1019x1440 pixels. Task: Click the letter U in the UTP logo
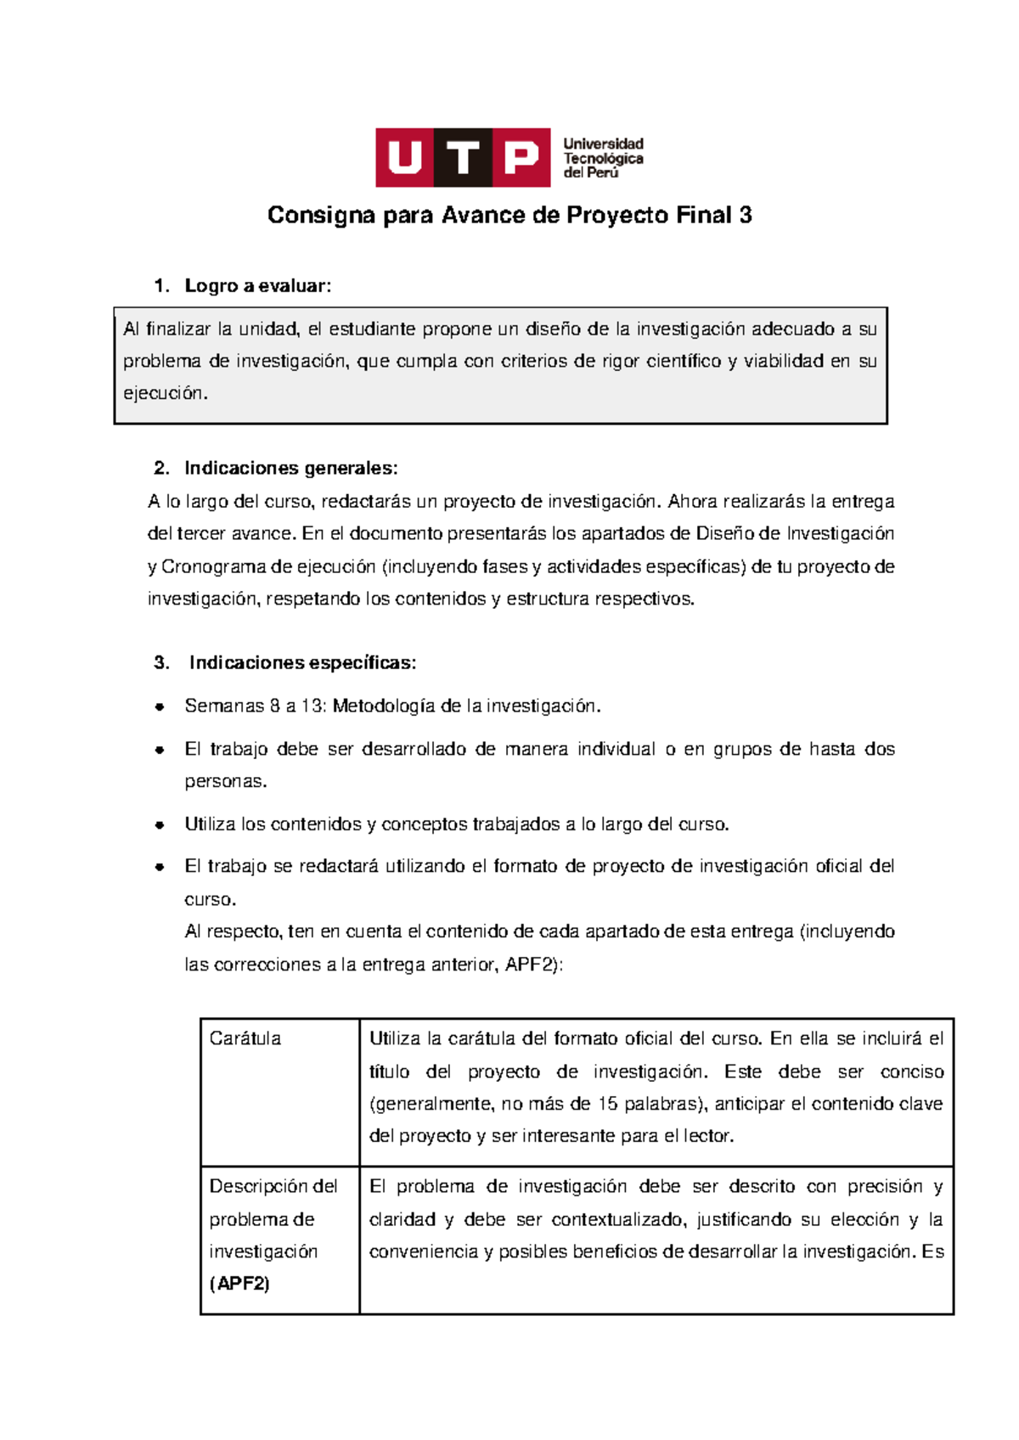click(x=405, y=158)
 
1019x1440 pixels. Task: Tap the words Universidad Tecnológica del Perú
click(x=603, y=158)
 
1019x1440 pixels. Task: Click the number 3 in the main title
click(x=745, y=216)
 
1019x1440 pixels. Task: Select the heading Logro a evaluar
click(x=257, y=286)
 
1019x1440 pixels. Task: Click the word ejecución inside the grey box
click(x=164, y=393)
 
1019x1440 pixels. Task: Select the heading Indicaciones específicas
click(x=302, y=663)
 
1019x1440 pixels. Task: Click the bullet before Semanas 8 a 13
click(x=159, y=706)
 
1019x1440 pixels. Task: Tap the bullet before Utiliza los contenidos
click(x=159, y=824)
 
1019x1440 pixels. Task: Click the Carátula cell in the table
click(x=245, y=1038)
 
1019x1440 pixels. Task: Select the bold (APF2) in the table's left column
click(x=239, y=1284)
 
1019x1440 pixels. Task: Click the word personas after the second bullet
click(x=225, y=782)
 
